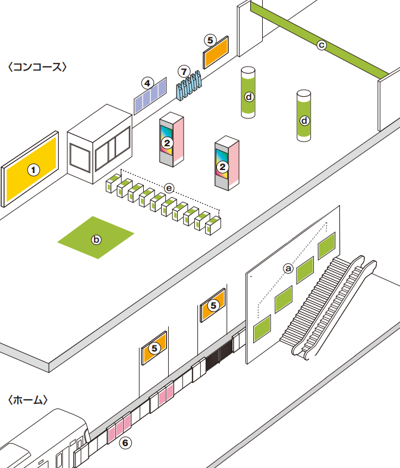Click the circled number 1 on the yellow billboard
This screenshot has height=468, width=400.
[33, 170]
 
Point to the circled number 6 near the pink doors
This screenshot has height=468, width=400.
[125, 442]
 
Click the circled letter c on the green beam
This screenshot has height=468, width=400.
[322, 44]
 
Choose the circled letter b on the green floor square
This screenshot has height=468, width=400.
[96, 240]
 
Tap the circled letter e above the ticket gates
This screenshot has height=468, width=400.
[169, 188]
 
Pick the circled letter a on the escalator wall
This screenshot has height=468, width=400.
[288, 268]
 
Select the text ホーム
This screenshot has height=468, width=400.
[27, 400]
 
